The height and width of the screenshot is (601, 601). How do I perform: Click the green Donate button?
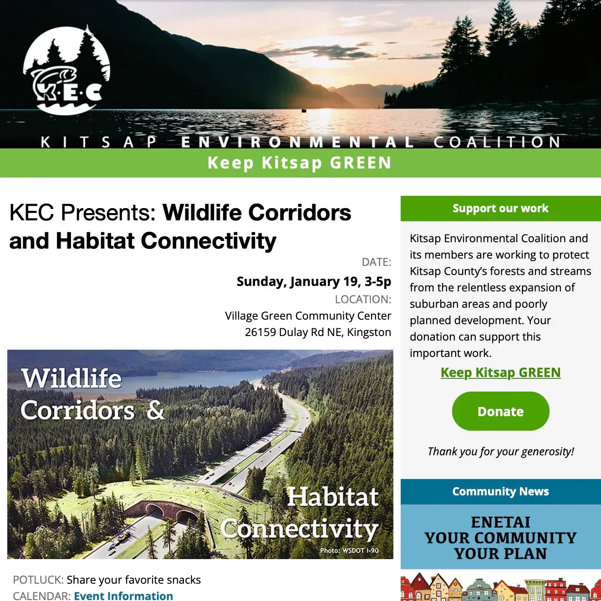coord(500,411)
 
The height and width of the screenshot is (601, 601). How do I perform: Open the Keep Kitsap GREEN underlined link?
coord(500,372)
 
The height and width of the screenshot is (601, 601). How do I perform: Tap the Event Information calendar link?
coord(123,596)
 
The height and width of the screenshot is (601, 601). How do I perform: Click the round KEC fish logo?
coord(66,71)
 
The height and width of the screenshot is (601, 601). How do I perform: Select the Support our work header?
coord(500,209)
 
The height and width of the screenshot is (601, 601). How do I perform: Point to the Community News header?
coord(500,492)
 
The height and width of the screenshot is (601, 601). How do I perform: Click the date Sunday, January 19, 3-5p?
coord(314,281)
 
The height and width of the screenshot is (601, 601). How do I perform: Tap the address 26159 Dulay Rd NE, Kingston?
coord(318,332)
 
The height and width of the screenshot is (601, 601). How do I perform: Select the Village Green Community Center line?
coord(308,316)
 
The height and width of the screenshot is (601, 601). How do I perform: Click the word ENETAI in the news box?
coord(500,522)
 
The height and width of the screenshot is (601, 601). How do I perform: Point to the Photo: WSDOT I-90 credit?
coord(349,550)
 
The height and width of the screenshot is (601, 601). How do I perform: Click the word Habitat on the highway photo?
coord(332,497)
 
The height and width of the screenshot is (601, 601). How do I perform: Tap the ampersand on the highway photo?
coord(155,410)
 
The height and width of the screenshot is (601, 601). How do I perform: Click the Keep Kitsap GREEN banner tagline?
coord(300,163)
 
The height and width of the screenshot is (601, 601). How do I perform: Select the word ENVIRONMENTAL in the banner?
coord(297,142)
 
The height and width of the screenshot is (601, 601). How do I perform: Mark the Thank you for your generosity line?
coord(500,452)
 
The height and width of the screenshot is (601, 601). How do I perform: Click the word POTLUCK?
coord(38,580)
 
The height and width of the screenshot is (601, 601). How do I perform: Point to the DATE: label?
coord(376,262)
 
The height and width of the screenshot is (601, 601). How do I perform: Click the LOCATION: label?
coord(363,300)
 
